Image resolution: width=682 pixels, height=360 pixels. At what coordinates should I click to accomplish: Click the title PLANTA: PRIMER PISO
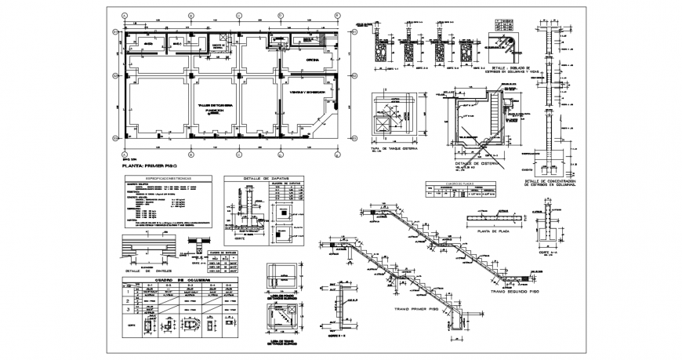click(145, 167)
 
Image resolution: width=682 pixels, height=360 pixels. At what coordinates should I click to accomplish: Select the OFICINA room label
click(308, 59)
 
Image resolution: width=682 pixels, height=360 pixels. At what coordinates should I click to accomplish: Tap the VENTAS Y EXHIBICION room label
click(308, 90)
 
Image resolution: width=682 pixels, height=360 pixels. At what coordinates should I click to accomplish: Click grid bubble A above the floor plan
click(125, 16)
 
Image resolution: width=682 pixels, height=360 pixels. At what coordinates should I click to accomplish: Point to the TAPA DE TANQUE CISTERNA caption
click(394, 148)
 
